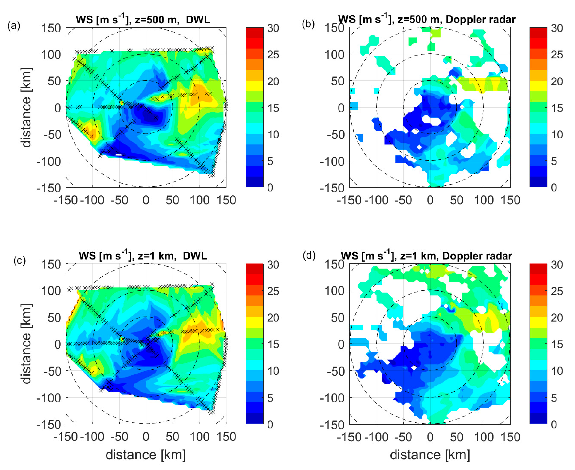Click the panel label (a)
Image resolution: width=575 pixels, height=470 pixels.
point(14,26)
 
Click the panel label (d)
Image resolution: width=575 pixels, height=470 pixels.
point(309,256)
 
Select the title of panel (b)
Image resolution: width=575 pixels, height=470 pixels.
point(427,20)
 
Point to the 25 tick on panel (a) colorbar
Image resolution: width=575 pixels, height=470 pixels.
point(273,55)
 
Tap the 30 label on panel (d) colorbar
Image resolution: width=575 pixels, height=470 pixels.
point(557,265)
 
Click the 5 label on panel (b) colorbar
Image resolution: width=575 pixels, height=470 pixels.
point(554,161)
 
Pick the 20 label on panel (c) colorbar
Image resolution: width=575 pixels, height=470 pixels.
point(273,318)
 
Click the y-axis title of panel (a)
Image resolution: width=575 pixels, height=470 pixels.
point(26,108)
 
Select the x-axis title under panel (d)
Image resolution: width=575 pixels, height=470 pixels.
point(430,455)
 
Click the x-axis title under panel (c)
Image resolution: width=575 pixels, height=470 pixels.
point(146,455)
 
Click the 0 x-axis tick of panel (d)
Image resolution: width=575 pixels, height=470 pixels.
point(430,437)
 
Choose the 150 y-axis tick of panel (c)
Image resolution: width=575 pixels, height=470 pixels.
point(51,265)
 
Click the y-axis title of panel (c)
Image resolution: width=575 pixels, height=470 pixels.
point(26,344)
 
